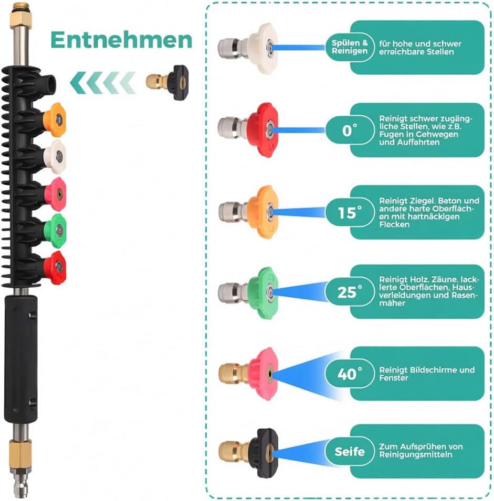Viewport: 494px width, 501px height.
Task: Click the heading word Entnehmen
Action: tap(121, 40)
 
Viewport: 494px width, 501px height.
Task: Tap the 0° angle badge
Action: tap(350, 130)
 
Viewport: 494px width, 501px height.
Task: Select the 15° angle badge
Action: tap(350, 212)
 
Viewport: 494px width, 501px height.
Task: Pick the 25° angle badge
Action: tap(350, 292)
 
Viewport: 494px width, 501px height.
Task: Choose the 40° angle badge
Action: tap(350, 374)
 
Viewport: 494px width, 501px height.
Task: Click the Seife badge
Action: tap(350, 451)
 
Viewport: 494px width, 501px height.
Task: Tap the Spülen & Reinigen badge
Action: tap(350, 47)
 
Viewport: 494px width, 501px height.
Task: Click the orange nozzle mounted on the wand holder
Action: tap(55, 120)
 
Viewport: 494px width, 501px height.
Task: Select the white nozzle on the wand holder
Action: tap(55, 157)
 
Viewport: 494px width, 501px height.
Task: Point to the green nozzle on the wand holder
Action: tap(55, 231)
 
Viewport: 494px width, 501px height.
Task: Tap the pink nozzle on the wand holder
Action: tap(55, 194)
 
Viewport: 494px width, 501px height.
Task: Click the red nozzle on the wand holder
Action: tap(55, 267)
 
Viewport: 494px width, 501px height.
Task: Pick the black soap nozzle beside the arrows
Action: tap(167, 82)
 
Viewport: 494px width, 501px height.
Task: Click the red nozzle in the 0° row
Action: tap(248, 130)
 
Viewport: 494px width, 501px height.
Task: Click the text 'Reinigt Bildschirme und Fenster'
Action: tap(427, 374)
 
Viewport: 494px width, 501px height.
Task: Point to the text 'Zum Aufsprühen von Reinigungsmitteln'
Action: tap(421, 451)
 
